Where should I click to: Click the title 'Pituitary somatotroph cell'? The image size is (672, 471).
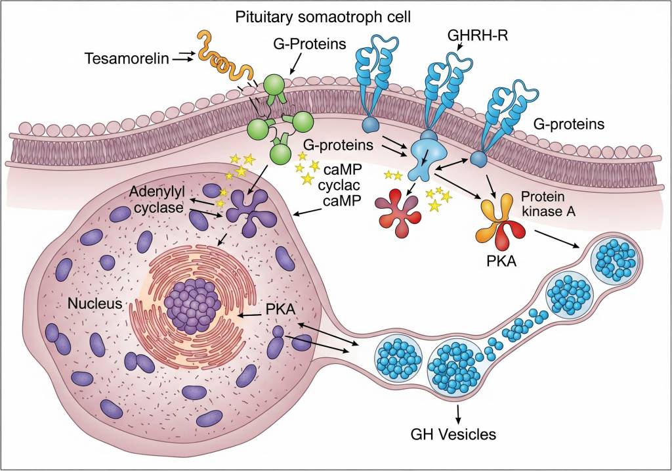pos(323,17)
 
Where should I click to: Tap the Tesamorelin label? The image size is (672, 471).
pos(126,58)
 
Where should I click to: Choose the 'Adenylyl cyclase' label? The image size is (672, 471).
pos(157,200)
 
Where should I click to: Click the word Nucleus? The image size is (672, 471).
pos(96,304)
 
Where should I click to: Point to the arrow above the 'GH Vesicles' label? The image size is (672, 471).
pos(457,413)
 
